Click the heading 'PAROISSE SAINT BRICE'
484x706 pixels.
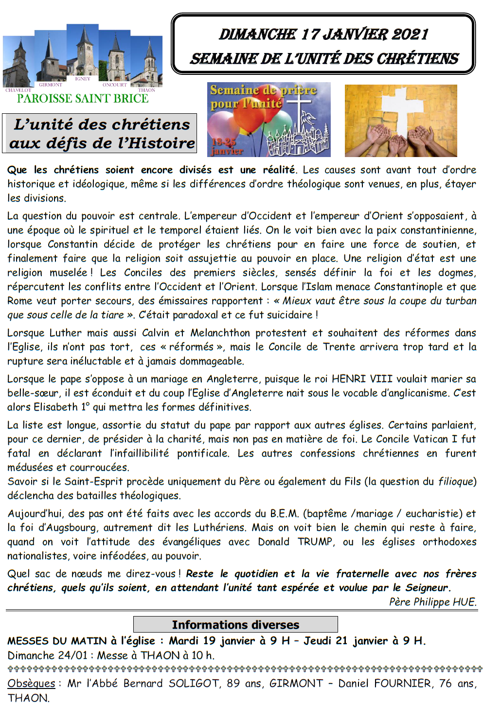click(x=83, y=99)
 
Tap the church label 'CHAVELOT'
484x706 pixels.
click(x=18, y=90)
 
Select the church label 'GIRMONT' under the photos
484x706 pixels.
click(x=51, y=85)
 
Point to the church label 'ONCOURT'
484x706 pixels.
click(x=114, y=85)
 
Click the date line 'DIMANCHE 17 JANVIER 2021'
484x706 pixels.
click(x=323, y=34)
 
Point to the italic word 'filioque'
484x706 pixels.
click(x=455, y=481)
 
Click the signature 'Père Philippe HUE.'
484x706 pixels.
click(x=432, y=602)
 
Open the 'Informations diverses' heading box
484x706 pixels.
click(x=235, y=625)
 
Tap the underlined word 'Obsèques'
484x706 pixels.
click(x=31, y=683)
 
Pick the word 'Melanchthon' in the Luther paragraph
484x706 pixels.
click(x=219, y=333)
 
